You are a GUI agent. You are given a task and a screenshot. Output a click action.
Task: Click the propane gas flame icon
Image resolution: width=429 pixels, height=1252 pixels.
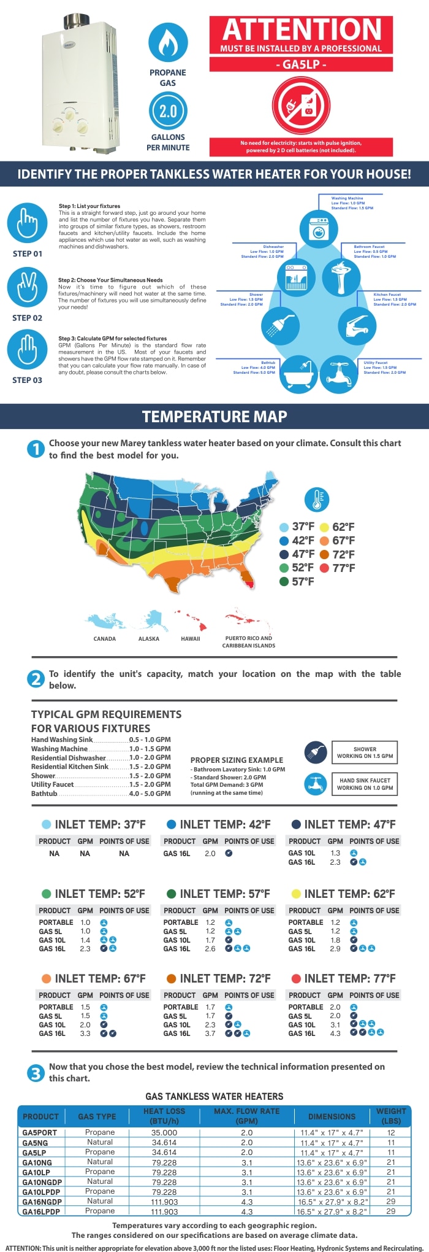168,42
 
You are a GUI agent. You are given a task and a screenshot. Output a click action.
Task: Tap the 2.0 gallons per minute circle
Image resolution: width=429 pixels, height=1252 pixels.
168,111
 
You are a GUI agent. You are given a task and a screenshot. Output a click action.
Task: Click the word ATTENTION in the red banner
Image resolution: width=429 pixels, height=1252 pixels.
302,29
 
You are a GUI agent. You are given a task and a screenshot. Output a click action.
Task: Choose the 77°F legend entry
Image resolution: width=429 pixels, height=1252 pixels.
337,568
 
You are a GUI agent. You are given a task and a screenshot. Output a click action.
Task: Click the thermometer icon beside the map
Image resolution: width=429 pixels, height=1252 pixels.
317,500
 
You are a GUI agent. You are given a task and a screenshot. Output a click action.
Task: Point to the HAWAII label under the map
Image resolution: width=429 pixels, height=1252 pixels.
191,639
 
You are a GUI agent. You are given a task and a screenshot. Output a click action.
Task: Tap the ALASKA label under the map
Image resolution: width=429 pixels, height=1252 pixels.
149,639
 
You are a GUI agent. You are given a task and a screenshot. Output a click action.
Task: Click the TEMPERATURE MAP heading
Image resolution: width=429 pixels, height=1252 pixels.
214,417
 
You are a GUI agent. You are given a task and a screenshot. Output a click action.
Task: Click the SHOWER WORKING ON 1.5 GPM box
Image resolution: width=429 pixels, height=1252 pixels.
365,752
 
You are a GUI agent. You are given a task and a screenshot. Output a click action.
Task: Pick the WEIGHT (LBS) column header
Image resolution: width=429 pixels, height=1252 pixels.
391,1116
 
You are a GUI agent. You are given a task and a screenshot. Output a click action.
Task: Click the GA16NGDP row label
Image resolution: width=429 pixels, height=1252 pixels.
42,1201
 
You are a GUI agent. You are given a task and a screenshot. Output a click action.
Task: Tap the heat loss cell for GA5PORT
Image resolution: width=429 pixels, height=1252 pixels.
164,1132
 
